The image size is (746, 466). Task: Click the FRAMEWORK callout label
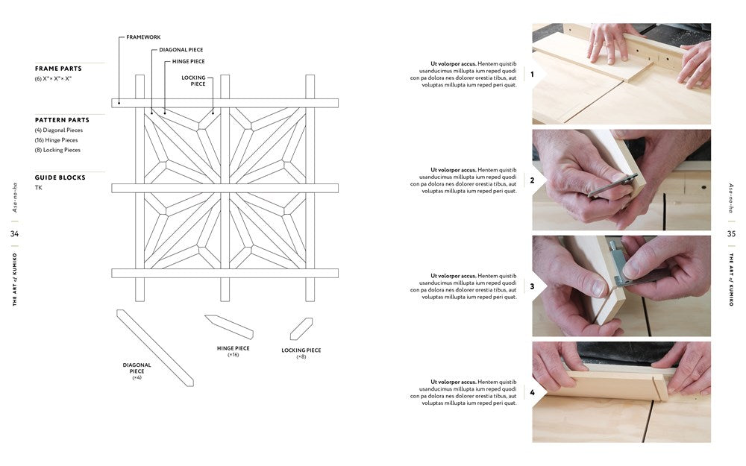143,37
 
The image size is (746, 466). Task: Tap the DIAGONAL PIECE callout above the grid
181,49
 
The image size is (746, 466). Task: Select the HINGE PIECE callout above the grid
189,61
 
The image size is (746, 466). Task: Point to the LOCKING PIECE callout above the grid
194,81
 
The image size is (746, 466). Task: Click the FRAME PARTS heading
58,69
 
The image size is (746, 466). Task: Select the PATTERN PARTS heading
62,120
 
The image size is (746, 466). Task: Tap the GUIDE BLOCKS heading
60,177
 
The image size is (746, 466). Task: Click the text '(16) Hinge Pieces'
56,140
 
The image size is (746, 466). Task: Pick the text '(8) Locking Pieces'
57,150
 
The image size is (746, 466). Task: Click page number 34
15,233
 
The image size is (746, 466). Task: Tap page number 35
731,233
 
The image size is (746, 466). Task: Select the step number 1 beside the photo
532,74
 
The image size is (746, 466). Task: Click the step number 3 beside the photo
532,286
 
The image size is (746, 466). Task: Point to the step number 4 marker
532,392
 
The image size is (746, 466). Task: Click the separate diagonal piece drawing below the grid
155,348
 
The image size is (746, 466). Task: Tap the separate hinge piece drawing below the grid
229,327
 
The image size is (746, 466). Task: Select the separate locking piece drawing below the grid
301,329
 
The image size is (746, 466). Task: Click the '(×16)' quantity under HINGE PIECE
233,355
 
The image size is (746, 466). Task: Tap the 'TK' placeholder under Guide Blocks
39,188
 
